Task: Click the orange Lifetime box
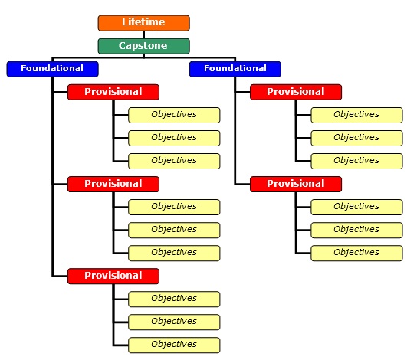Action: click(x=143, y=23)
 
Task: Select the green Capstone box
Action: click(x=143, y=46)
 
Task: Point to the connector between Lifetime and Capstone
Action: click(x=143, y=34)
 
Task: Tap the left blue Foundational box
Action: click(x=52, y=69)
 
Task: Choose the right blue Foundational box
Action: click(x=235, y=69)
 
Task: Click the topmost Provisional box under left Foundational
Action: click(x=113, y=92)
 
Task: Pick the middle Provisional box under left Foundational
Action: click(x=113, y=184)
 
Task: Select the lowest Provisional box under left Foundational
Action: click(x=113, y=276)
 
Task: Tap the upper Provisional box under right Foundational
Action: click(x=296, y=92)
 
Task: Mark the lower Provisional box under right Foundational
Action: click(x=296, y=184)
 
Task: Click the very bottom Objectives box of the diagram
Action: click(x=174, y=345)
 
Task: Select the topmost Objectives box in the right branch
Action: click(x=356, y=115)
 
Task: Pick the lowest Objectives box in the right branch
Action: click(x=356, y=254)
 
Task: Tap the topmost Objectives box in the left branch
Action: click(x=174, y=115)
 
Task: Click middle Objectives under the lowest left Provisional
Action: click(x=174, y=322)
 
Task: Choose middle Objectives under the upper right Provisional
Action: click(x=356, y=138)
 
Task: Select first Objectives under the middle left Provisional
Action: click(x=174, y=207)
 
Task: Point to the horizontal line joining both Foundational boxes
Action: click(x=143, y=57)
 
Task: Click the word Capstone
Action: click(x=143, y=46)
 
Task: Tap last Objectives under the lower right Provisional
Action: click(x=356, y=254)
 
